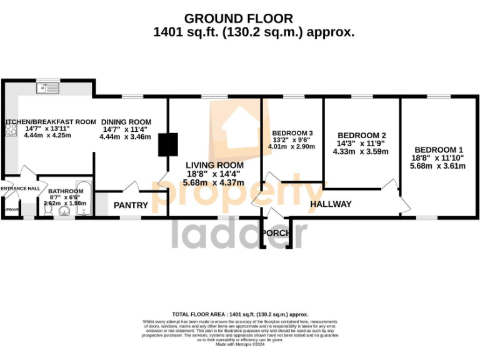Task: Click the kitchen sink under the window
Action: [47, 88]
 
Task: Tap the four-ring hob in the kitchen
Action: [11, 129]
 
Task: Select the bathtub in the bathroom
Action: [84, 202]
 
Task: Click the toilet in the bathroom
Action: [48, 209]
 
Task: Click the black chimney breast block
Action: [164, 144]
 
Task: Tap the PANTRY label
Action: [131, 205]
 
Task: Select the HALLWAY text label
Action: [331, 204]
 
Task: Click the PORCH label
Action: [276, 233]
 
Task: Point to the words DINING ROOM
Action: [127, 122]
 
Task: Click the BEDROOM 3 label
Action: [292, 133]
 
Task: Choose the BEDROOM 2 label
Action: [361, 136]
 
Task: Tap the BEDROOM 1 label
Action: [438, 150]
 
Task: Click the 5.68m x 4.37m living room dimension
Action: [213, 182]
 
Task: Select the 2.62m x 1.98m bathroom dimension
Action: [66, 203]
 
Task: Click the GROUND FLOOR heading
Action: [239, 19]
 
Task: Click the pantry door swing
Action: [131, 186]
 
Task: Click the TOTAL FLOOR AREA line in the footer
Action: [240, 314]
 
